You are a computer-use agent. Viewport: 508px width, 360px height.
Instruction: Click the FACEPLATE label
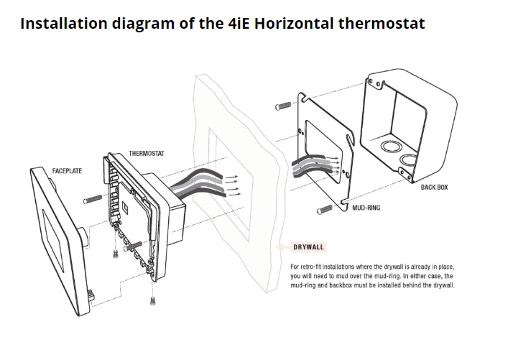[67, 171]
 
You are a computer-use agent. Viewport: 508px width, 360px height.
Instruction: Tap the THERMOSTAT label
[147, 153]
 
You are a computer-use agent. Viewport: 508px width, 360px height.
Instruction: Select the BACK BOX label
[434, 188]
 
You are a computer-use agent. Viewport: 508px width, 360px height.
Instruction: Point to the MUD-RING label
[366, 208]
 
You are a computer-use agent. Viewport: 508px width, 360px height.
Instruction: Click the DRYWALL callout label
[308, 247]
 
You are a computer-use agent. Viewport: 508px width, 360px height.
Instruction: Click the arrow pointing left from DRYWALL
[283, 247]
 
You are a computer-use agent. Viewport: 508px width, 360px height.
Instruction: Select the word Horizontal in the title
[294, 23]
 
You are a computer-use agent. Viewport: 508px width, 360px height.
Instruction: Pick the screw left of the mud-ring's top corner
[284, 106]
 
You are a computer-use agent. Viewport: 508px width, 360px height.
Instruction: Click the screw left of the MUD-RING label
[325, 210]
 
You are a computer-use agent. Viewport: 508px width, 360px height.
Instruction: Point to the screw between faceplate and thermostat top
[93, 199]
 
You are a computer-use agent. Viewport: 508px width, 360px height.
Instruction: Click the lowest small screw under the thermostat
[153, 300]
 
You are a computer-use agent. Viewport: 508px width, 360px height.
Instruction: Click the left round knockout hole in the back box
[392, 147]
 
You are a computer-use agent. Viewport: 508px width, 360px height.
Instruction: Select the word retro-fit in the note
[310, 267]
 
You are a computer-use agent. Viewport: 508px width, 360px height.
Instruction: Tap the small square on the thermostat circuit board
[125, 206]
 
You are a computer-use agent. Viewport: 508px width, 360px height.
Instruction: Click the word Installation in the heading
[63, 23]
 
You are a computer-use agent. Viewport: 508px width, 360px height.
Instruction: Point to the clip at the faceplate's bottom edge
[91, 294]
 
